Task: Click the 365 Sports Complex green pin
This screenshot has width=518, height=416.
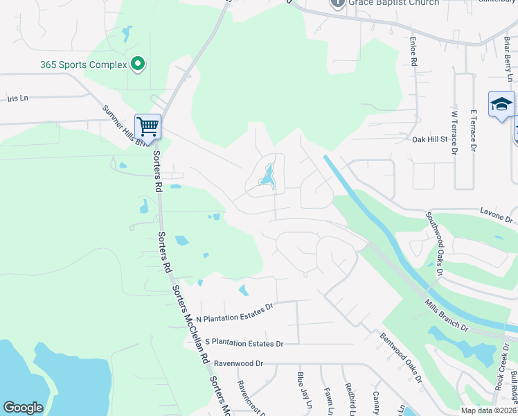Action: (137, 64)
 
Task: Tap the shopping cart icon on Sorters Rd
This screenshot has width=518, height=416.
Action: (148, 127)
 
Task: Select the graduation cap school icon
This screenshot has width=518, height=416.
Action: (501, 104)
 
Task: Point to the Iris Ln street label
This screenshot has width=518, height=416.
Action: (17, 98)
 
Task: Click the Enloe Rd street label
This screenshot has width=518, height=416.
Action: (413, 52)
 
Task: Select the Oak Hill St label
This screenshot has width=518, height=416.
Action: (430, 139)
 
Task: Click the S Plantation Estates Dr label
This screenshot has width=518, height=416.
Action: (244, 343)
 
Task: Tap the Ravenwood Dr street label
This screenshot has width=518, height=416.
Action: (239, 363)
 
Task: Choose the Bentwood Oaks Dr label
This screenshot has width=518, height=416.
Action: (401, 356)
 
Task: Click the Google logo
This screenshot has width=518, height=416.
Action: (23, 408)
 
